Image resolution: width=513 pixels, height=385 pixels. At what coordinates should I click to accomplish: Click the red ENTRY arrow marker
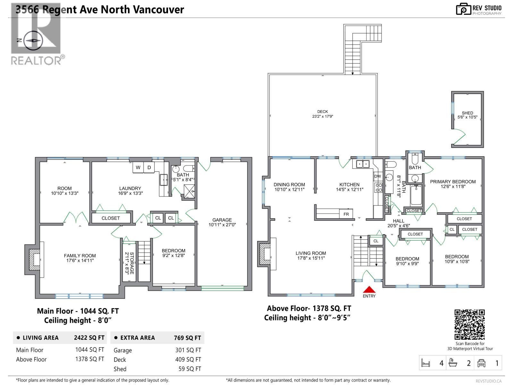point(369,289)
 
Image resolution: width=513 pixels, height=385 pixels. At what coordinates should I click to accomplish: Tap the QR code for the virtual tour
point(470,324)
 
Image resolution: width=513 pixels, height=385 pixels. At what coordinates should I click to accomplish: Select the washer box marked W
point(138,167)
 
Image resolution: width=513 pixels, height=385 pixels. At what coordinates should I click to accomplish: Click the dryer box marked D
point(149,167)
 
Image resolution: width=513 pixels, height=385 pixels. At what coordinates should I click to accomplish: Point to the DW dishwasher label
point(378,176)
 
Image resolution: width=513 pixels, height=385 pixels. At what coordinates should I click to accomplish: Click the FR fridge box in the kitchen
point(346,214)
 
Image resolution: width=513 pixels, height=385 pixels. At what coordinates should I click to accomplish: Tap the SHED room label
point(467,113)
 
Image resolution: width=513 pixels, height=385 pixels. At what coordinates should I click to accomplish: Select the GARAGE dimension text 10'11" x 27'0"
point(222,225)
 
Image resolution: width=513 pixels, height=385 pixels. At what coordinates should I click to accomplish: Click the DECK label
point(323,112)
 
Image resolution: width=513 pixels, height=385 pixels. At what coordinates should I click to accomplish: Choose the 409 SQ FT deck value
point(188,360)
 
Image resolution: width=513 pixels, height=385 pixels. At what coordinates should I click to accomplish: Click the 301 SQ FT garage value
point(188,350)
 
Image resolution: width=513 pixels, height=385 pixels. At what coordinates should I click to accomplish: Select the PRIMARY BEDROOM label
point(453,182)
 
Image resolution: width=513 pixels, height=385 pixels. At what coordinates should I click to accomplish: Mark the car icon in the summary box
point(481,363)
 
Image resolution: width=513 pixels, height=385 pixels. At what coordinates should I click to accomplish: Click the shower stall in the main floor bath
point(189,192)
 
